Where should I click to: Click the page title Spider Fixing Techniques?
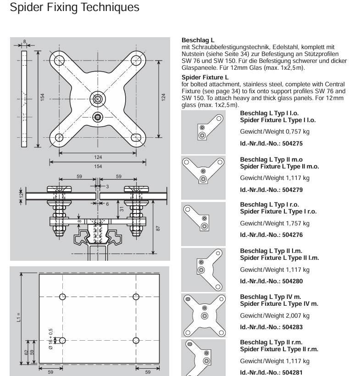click(x=74, y=8)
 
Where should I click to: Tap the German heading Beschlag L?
click(x=198, y=40)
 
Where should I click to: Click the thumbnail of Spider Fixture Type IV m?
click(x=204, y=315)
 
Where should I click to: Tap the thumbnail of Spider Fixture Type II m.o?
click(x=204, y=177)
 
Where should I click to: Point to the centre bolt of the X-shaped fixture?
click(x=98, y=98)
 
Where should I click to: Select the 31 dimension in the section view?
click(x=122, y=208)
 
